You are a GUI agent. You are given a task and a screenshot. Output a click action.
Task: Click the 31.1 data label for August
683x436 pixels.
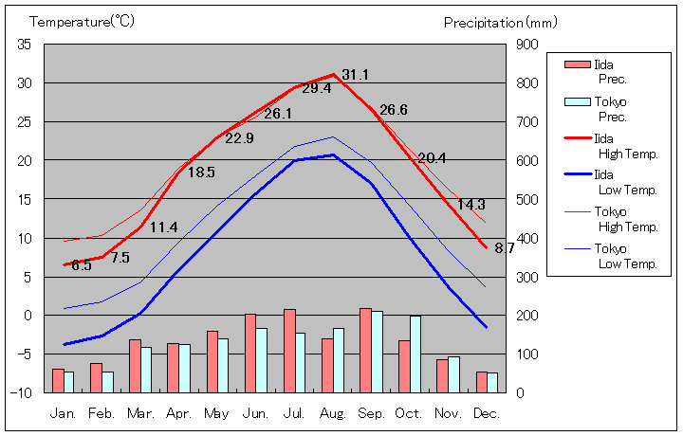[x=356, y=75]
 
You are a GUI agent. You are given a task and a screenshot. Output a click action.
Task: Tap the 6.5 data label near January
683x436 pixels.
[x=82, y=265]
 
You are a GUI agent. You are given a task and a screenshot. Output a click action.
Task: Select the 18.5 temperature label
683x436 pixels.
[x=201, y=173]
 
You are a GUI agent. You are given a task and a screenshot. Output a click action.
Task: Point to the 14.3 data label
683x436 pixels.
[x=471, y=205]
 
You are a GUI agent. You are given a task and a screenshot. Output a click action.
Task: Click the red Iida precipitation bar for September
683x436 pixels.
[x=365, y=350]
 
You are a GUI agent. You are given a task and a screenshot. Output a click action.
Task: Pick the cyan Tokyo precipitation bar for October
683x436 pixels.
[x=415, y=354]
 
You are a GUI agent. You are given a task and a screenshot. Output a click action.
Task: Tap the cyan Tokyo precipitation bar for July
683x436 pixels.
[x=300, y=362]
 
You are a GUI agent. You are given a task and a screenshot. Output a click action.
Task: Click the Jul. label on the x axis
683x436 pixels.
[x=294, y=413]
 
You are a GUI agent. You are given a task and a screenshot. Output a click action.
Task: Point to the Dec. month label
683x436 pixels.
[x=487, y=413]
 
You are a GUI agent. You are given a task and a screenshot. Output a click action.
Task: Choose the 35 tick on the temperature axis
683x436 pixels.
[x=25, y=45]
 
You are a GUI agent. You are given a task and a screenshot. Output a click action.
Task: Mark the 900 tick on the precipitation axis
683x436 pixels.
[x=526, y=45]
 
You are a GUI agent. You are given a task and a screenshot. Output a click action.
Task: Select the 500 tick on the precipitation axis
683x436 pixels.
[x=526, y=199]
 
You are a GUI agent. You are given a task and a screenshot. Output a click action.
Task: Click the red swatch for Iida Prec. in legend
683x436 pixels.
[x=576, y=64]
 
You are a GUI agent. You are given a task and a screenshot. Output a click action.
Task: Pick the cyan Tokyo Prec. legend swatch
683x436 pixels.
[x=576, y=101]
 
